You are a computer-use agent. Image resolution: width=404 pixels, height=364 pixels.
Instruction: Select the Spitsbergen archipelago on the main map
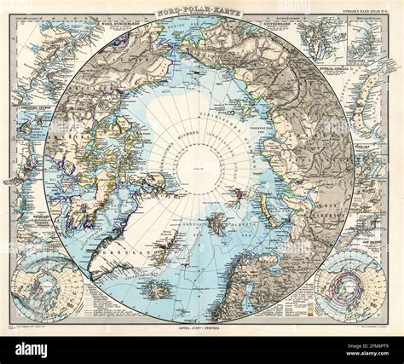coord(216,223)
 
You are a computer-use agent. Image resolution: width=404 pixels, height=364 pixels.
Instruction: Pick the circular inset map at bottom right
coord(349,286)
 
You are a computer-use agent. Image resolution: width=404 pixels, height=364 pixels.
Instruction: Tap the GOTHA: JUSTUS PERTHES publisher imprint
coord(202,327)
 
